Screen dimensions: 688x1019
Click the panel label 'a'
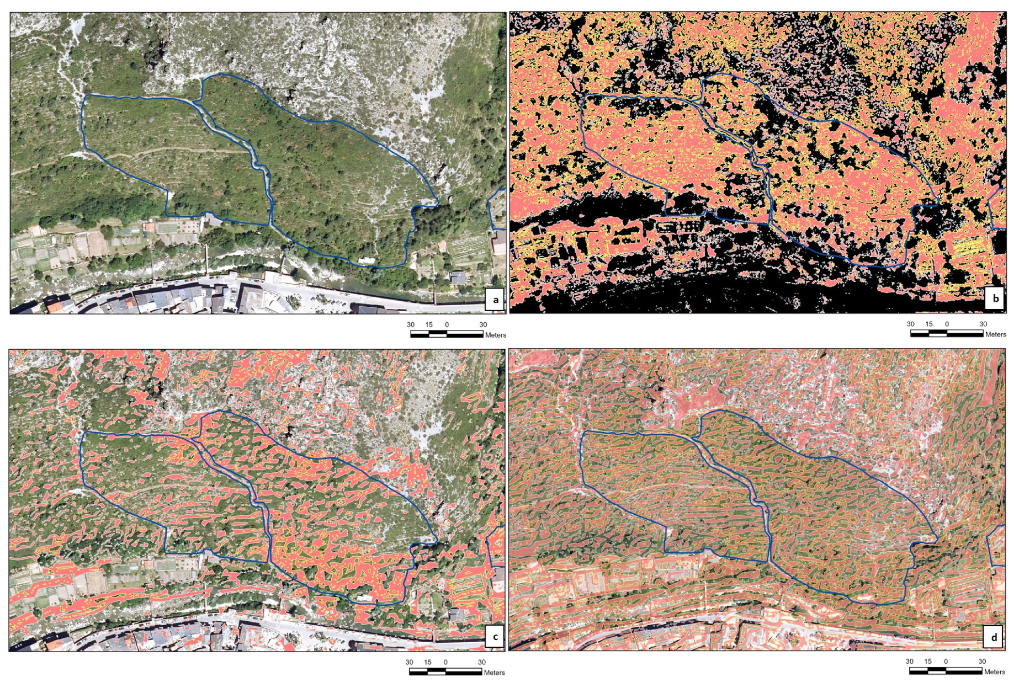coord(495,300)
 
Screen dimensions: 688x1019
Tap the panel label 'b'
coord(995,299)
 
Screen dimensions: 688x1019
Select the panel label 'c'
coord(495,637)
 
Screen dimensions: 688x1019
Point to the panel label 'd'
coord(994,637)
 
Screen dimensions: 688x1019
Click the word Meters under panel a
coord(495,335)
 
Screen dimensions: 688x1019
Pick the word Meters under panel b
coord(995,334)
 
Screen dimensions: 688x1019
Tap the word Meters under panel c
coord(494,673)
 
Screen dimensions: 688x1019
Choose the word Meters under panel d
coord(994,671)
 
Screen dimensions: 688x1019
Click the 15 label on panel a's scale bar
coord(429,324)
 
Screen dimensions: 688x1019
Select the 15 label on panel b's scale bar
coord(929,324)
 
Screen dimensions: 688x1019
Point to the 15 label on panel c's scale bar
coord(428,662)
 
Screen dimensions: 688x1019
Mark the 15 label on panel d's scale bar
coord(928,661)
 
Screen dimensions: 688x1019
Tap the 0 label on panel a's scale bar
coord(447,324)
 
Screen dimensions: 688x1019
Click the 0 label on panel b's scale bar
coord(947,324)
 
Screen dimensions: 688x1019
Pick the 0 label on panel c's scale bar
coord(445,662)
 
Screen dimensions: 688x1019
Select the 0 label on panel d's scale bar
coord(946,661)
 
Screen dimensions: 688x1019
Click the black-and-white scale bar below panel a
coord(447,334)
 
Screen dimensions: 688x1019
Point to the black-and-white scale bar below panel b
coord(947,333)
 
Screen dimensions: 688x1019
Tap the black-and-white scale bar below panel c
coord(445,671)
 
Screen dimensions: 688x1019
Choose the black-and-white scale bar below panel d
coord(946,671)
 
